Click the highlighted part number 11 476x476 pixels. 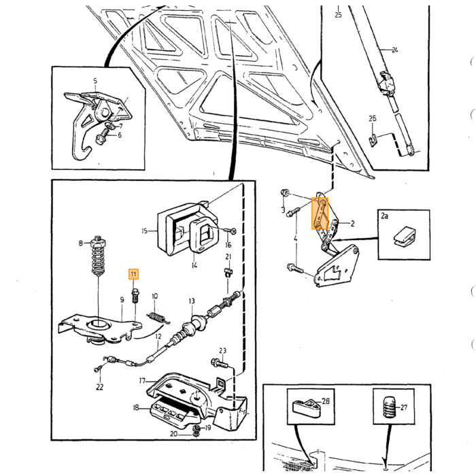pyautogui.click(x=133, y=275)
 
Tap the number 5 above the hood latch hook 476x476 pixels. pyautogui.click(x=95, y=81)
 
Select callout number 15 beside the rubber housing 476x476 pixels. pyautogui.click(x=144, y=231)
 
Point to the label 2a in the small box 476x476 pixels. pyautogui.click(x=385, y=216)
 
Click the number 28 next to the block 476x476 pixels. pyautogui.click(x=326, y=401)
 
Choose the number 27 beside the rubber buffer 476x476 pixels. pyautogui.click(x=404, y=407)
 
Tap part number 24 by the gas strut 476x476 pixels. pyautogui.click(x=394, y=50)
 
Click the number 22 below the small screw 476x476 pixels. pyautogui.click(x=99, y=387)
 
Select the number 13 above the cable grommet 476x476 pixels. pyautogui.click(x=192, y=301)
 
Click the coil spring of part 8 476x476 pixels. pyautogui.click(x=98, y=260)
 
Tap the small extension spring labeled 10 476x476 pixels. pyautogui.click(x=157, y=318)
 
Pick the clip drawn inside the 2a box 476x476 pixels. pyautogui.click(x=405, y=236)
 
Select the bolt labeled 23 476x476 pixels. pyautogui.click(x=219, y=362)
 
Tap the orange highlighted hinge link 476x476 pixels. pyautogui.click(x=320, y=214)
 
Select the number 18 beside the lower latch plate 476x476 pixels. pyautogui.click(x=136, y=408)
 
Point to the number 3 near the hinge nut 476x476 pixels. pyautogui.click(x=283, y=209)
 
